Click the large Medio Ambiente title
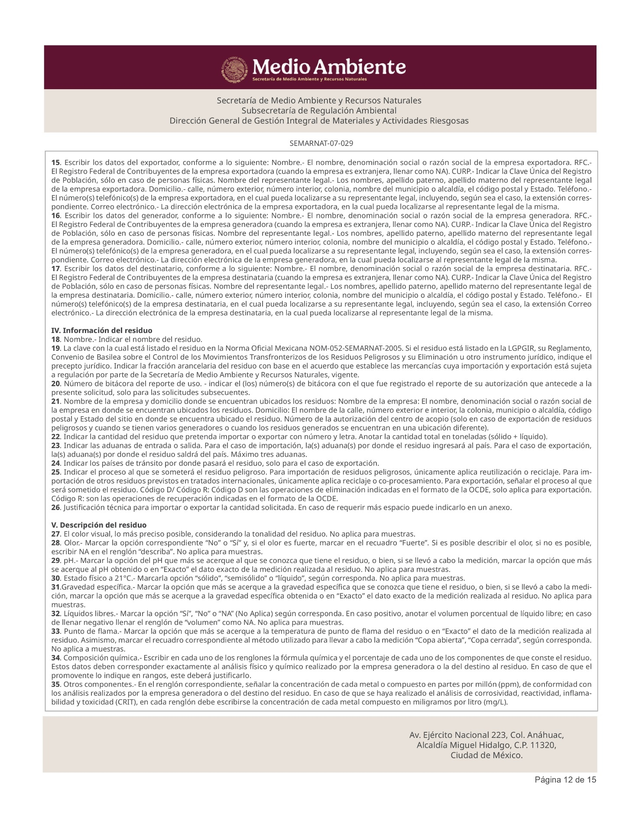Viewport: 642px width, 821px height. (x=329, y=67)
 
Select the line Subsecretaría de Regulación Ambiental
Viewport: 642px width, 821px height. (x=319, y=110)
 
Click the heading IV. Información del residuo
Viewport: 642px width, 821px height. (x=102, y=330)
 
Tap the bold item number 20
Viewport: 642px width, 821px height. (x=55, y=384)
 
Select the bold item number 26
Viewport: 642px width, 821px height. (x=55, y=507)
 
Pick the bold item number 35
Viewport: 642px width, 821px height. (x=55, y=684)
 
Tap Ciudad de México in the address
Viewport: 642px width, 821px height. (x=486, y=755)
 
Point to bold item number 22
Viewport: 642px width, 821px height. (x=55, y=436)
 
